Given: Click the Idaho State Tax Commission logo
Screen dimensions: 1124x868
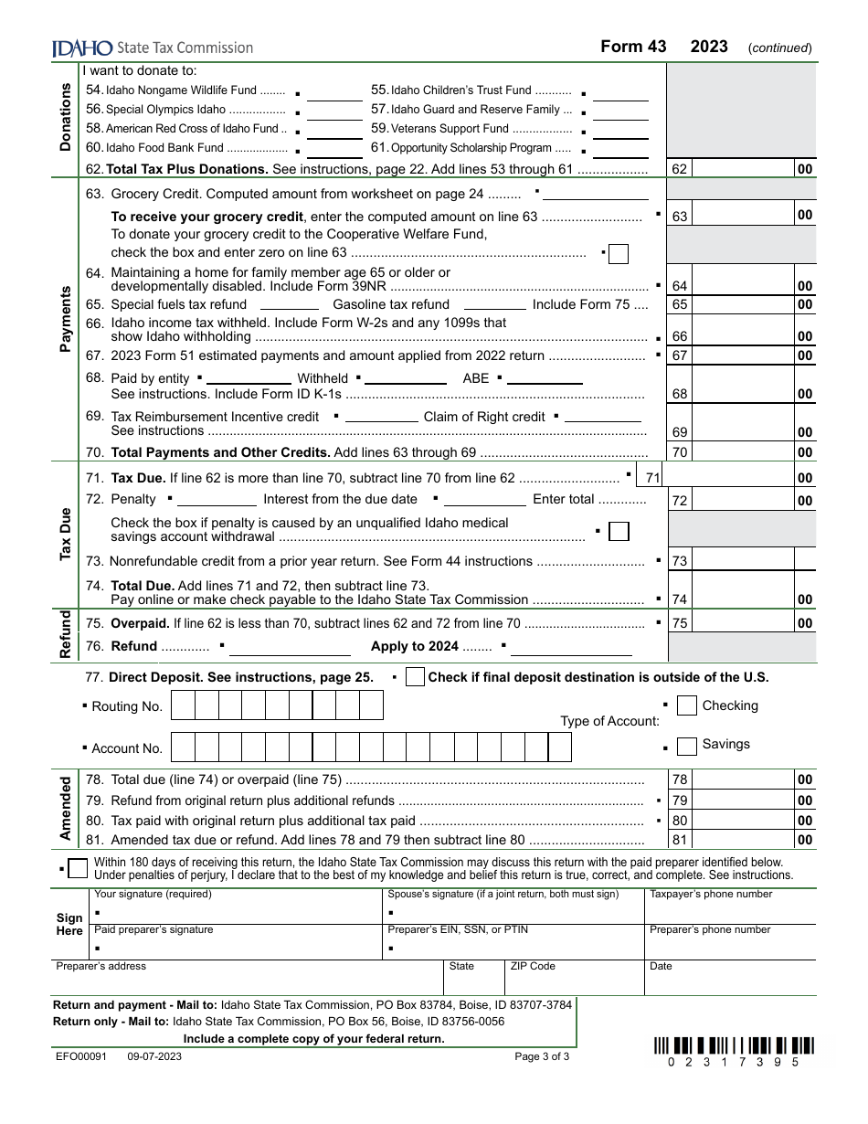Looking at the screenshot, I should tap(153, 48).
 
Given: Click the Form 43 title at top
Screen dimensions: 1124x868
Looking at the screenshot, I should tap(633, 47).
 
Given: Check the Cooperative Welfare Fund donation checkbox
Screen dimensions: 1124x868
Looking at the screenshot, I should tap(619, 253).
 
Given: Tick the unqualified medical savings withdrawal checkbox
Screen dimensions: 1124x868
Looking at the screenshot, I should tap(619, 531).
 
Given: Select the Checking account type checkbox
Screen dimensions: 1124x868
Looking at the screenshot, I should tap(687, 706).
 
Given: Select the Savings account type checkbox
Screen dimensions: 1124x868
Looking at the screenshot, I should tap(687, 747).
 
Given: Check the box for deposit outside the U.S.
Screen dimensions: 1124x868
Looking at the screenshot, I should tap(415, 677).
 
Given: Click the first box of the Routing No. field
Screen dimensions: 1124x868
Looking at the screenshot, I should tap(184, 706).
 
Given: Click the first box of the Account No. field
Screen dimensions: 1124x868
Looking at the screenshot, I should tap(184, 748).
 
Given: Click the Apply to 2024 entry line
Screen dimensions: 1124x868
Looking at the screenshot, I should tap(571, 647).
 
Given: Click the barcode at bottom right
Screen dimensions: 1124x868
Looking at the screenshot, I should tap(734, 1045).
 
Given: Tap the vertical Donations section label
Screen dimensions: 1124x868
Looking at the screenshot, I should tap(66, 117).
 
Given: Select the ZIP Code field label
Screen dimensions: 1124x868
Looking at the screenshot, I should tap(533, 966).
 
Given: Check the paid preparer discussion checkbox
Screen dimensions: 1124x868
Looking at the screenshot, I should tap(79, 867).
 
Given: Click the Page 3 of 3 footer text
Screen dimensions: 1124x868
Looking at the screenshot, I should tap(542, 1056).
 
